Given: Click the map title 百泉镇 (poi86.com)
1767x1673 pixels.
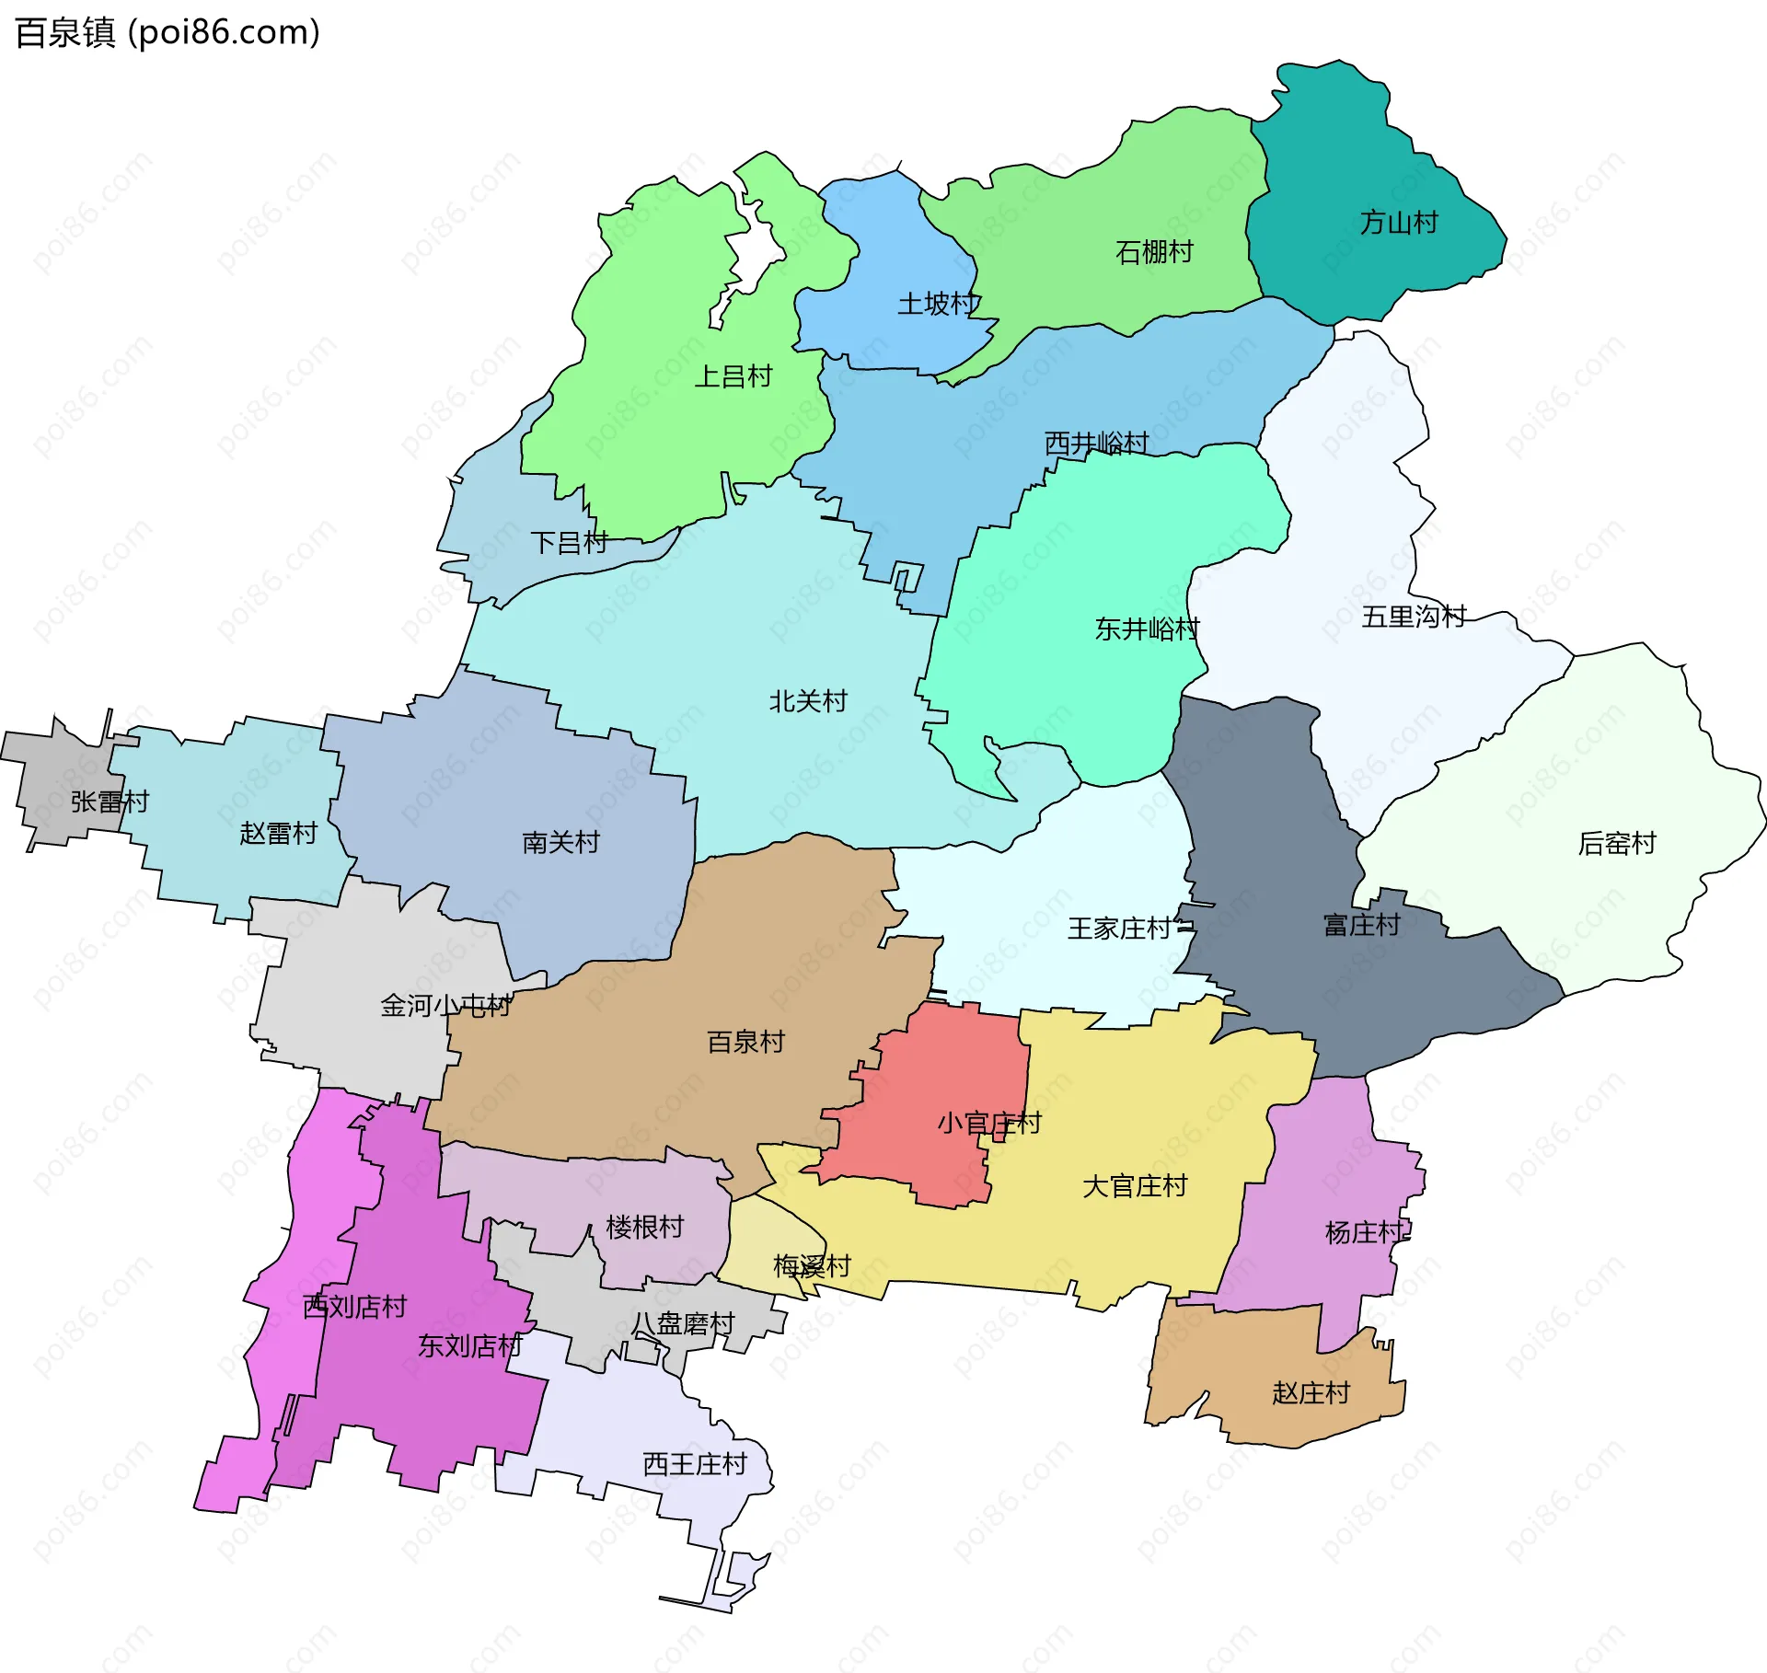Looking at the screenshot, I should click(x=167, y=33).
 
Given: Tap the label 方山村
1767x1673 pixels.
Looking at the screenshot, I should click(x=1398, y=223).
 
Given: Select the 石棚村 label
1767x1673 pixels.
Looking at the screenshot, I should click(x=1153, y=252).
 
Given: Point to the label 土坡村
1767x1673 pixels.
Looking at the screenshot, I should click(x=938, y=304).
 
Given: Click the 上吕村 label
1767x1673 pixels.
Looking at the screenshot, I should click(x=733, y=376).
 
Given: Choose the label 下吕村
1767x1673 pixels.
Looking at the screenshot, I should click(x=569, y=543).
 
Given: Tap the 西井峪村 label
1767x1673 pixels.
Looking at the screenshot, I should click(x=1096, y=444).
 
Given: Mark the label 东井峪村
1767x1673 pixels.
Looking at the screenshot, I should click(x=1146, y=629).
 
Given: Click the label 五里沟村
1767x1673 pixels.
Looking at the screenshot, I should click(x=1413, y=617).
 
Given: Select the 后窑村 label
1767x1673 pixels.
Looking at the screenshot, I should click(x=1616, y=843).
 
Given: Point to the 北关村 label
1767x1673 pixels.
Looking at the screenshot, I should click(x=807, y=701).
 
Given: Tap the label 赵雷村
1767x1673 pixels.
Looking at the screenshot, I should click(x=278, y=834).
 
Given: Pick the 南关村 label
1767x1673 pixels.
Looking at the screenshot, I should click(x=560, y=842).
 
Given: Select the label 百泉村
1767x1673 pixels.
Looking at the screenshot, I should click(x=745, y=1042).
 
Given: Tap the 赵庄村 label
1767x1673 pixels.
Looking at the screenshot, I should click(x=1310, y=1393).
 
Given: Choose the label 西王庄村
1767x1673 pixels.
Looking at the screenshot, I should click(x=694, y=1464).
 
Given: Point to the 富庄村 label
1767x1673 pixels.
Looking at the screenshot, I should click(x=1360, y=925).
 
